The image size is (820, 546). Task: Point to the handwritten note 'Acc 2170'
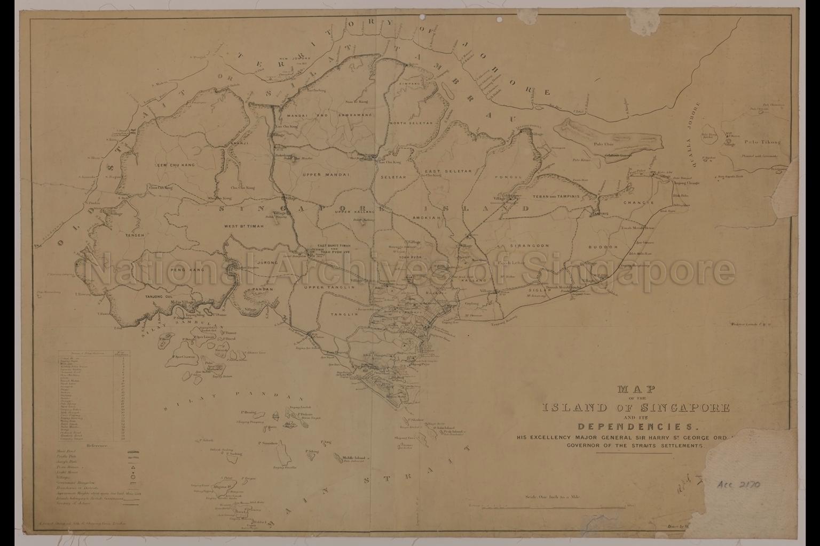tap(739, 485)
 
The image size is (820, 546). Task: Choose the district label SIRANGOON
tap(529, 246)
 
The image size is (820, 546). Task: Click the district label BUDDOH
tap(603, 247)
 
